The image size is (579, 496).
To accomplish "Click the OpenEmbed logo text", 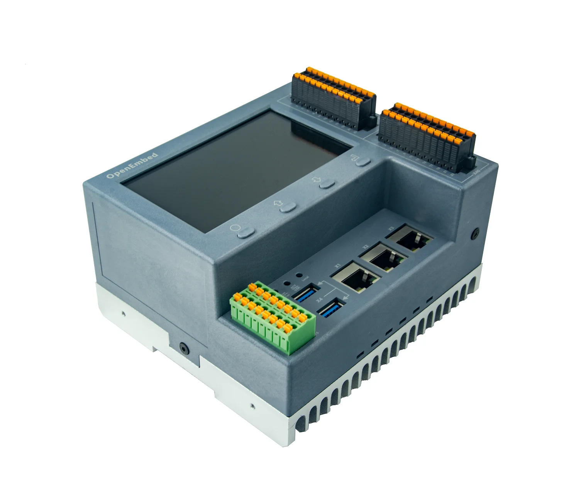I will [x=132, y=166].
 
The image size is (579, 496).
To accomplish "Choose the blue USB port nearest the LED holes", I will [x=306, y=294].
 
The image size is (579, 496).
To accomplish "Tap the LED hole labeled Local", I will [x=298, y=275].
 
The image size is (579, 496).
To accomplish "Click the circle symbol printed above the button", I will [x=235, y=227].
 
